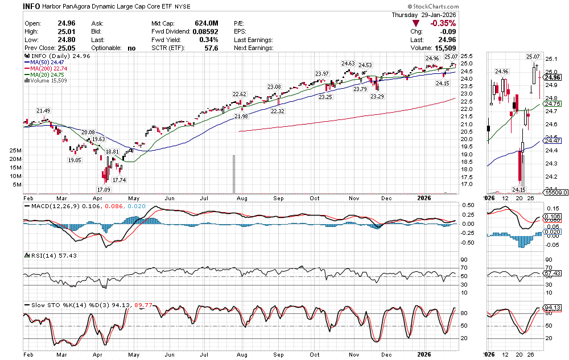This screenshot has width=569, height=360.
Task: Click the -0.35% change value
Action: [443, 23]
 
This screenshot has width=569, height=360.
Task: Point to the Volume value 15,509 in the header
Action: [444, 48]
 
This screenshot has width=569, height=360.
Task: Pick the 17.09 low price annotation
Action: [104, 189]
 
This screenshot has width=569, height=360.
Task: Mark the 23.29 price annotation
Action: [377, 97]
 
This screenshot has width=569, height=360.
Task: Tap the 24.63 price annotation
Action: [348, 63]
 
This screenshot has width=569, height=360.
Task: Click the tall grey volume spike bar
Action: [232, 174]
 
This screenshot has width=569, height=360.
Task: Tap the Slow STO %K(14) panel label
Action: [59, 305]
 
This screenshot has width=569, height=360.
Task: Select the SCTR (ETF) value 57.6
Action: [211, 48]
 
